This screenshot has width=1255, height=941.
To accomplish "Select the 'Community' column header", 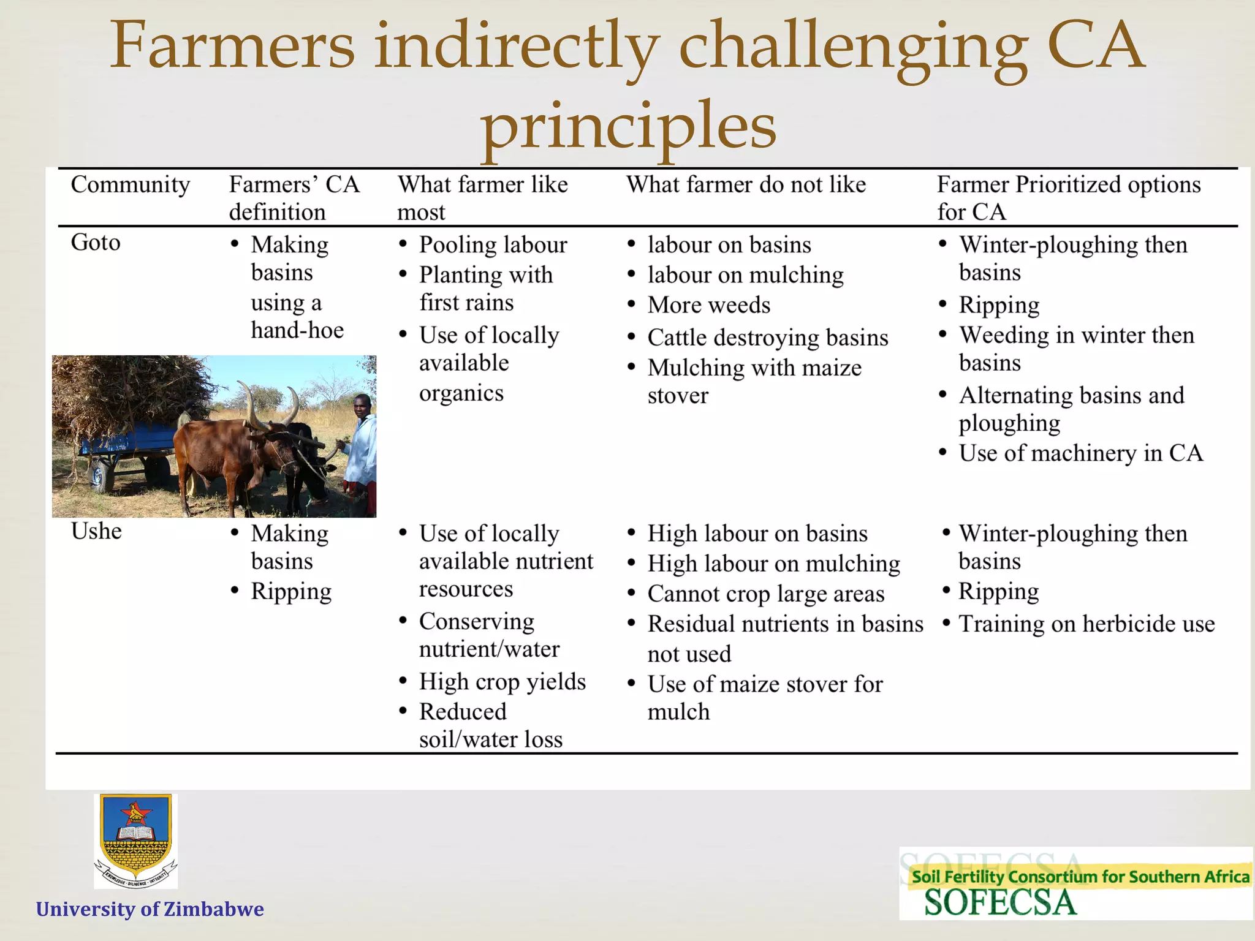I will coord(130,184).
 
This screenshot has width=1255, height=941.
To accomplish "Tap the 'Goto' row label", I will coord(96,243).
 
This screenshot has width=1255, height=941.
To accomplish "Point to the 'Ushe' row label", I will coord(96,531).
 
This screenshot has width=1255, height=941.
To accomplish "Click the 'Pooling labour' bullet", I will coord(493,245).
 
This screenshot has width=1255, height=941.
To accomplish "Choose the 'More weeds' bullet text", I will coord(708,305).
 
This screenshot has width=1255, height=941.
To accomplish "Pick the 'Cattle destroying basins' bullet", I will coord(767,338).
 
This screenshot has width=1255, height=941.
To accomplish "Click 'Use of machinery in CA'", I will coord(1080,453).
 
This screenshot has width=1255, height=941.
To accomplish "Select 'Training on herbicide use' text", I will coord(1086,624).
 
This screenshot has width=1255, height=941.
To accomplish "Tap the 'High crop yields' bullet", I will coord(502,682).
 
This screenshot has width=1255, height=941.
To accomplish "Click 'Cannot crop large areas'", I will coord(765,594).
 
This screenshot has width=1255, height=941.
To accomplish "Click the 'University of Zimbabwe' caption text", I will coord(150,909).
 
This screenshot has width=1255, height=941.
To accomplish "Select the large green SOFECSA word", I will coord(999,903).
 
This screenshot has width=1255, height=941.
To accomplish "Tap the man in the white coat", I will coord(362,450).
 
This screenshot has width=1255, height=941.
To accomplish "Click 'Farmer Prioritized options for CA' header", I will coord(1068,197).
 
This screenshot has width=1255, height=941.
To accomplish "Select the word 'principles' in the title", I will coord(627,126).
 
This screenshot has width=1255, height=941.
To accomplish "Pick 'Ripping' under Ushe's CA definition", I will coord(291,592).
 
